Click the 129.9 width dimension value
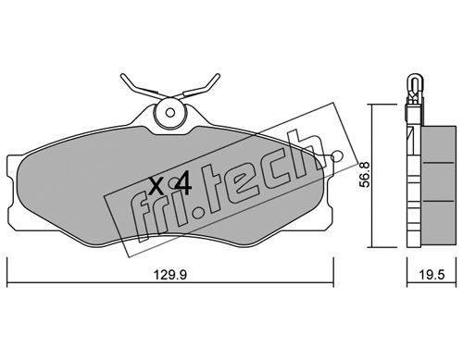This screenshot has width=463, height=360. click(x=170, y=274)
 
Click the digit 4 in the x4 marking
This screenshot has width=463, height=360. click(x=183, y=186)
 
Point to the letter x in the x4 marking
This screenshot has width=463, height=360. click(x=156, y=186)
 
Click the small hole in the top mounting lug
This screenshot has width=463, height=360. click(x=169, y=113)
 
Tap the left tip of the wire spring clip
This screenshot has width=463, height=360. click(x=123, y=76)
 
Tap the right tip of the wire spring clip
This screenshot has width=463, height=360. click(x=218, y=76)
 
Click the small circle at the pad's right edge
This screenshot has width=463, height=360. click(x=336, y=156)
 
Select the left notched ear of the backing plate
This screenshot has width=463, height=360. click(x=12, y=192)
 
